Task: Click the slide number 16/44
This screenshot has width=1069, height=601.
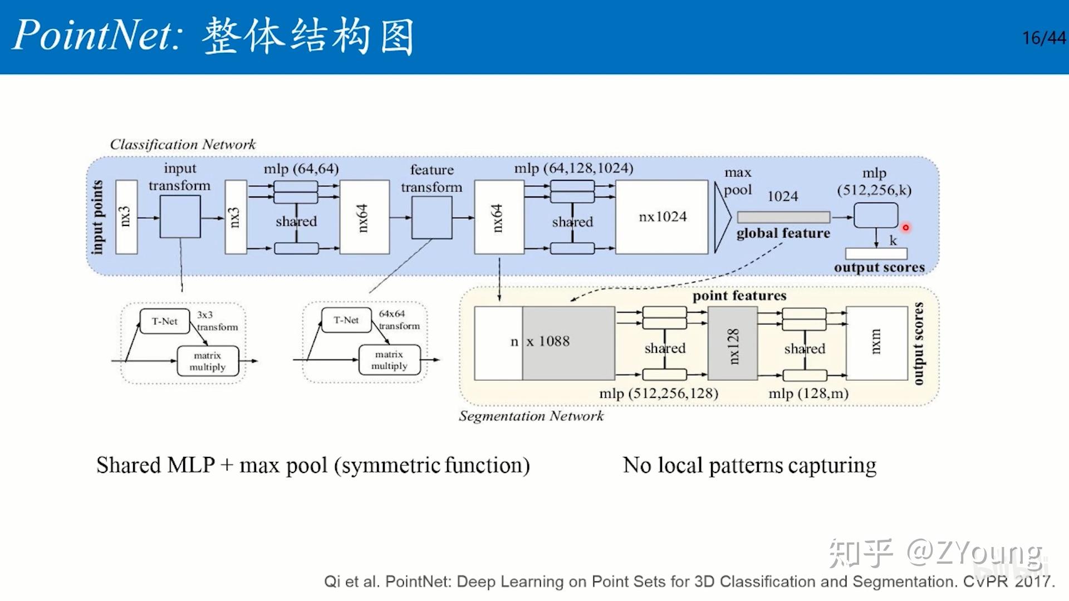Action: click(x=1043, y=38)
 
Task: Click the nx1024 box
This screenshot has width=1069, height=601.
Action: click(x=662, y=217)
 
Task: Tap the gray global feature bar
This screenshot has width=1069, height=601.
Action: click(x=783, y=217)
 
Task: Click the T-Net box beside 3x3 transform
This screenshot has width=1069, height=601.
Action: click(x=165, y=322)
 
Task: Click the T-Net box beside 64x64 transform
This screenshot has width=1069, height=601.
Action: click(x=346, y=321)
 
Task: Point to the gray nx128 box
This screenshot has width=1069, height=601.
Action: click(x=733, y=344)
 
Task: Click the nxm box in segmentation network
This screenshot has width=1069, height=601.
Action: click(x=876, y=343)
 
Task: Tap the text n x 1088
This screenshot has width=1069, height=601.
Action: click(x=540, y=342)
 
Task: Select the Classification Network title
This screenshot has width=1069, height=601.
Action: click(x=183, y=145)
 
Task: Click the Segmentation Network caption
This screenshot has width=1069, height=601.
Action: click(x=531, y=416)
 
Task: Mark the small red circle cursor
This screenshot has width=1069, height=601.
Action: click(x=906, y=228)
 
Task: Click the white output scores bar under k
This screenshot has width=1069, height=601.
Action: click(x=876, y=254)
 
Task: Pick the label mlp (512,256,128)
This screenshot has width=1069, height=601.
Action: click(x=659, y=393)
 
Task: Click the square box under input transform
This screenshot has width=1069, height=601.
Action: click(x=180, y=217)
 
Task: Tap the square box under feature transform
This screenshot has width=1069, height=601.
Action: click(x=431, y=218)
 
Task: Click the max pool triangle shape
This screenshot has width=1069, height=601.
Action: click(x=722, y=217)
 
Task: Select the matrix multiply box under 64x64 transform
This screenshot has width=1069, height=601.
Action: click(x=389, y=360)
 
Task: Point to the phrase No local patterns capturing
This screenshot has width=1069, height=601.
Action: click(x=749, y=465)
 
